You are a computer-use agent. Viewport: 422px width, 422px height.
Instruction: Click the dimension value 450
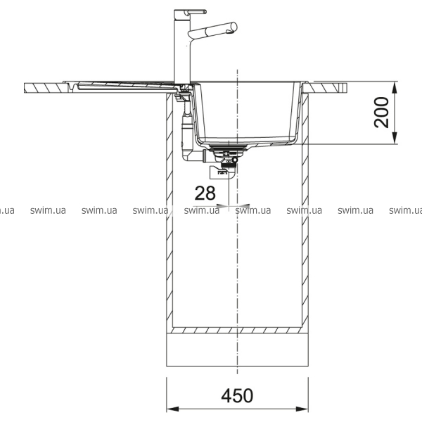click(x=237, y=395)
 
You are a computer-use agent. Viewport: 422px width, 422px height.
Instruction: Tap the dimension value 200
click(x=382, y=113)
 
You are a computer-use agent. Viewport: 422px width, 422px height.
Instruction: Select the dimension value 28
click(x=205, y=193)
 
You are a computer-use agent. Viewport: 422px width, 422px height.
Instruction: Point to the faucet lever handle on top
click(x=196, y=11)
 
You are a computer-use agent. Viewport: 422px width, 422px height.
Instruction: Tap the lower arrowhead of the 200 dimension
click(x=395, y=138)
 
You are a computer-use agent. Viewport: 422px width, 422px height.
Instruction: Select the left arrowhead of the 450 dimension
click(x=173, y=409)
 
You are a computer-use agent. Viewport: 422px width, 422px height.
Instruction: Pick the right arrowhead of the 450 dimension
click(x=302, y=409)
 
